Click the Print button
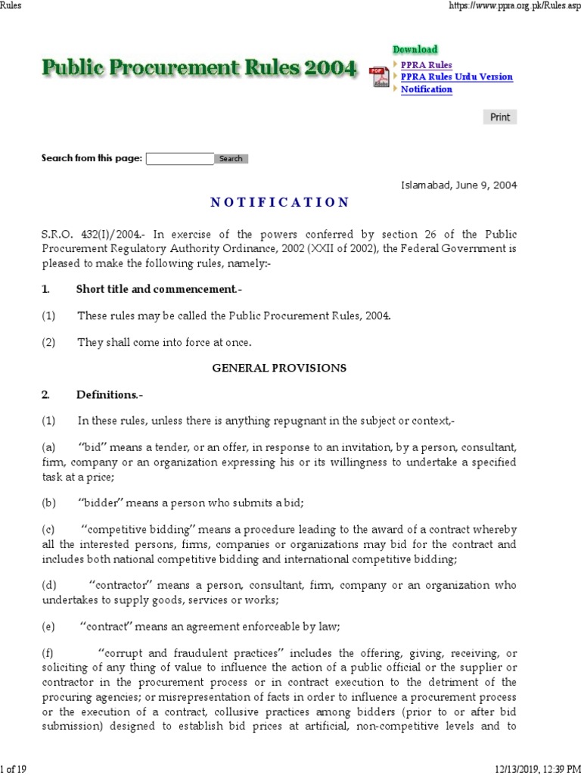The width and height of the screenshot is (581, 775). (x=500, y=117)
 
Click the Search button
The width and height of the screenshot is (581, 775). (x=231, y=159)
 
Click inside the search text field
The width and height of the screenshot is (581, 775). (x=179, y=159)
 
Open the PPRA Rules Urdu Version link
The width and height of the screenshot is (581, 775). (x=456, y=77)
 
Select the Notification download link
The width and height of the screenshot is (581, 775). (x=427, y=89)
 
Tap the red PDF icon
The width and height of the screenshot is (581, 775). (x=379, y=76)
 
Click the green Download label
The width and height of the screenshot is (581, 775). (x=415, y=49)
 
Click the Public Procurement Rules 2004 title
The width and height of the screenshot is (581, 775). (x=198, y=69)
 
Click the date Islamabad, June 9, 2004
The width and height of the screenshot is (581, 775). (x=459, y=185)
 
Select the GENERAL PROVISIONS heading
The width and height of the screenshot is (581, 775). (x=279, y=368)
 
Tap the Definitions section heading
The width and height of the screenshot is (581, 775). (x=107, y=394)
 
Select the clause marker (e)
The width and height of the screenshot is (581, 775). (x=48, y=626)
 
